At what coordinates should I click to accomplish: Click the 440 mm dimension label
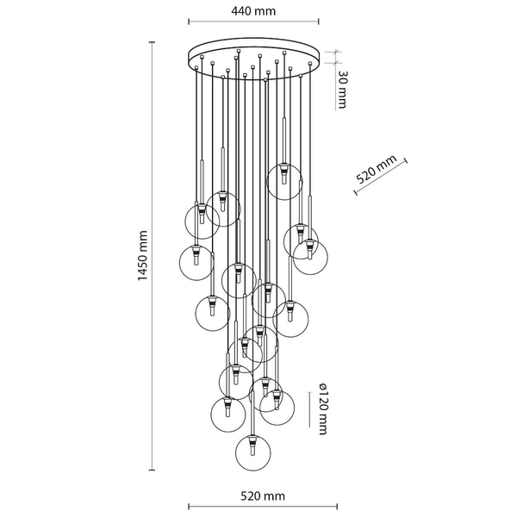[253, 11]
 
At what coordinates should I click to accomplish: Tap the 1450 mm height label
[143, 256]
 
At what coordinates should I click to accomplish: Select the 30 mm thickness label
[341, 89]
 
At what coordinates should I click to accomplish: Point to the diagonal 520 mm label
[377, 170]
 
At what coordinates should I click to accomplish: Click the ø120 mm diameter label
[323, 408]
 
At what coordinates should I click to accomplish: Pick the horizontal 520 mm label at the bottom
[263, 496]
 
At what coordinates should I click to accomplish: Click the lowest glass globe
[252, 453]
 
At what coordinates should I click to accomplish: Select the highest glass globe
[284, 183]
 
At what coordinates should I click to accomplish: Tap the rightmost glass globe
[310, 258]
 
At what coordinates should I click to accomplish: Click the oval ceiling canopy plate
[254, 59]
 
